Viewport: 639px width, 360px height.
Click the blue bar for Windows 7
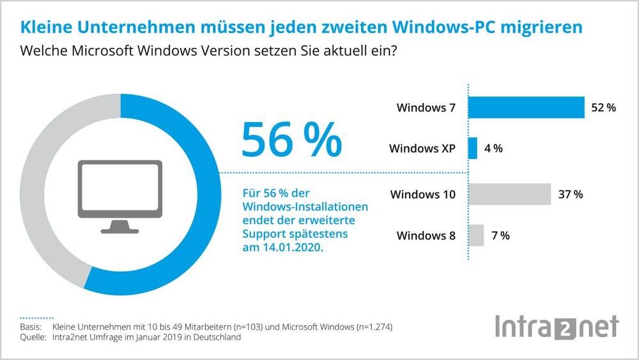click(x=527, y=107)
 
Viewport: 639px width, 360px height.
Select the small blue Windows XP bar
click(x=473, y=148)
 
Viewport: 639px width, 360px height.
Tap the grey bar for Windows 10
click(x=509, y=194)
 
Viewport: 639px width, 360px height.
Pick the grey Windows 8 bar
click(x=476, y=235)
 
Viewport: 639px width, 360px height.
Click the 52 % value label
click(x=603, y=108)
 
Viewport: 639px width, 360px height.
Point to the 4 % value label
click(x=493, y=148)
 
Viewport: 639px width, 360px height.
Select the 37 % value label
click(x=570, y=194)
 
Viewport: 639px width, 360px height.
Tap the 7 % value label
click(x=500, y=235)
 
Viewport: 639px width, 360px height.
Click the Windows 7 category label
click(x=426, y=108)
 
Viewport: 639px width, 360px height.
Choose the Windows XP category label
click(x=422, y=149)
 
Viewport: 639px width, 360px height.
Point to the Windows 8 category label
click(x=426, y=235)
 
